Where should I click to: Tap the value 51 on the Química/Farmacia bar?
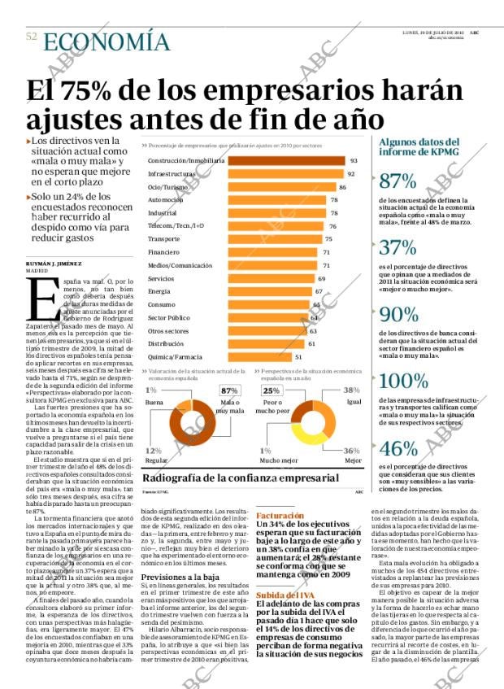click(298, 356)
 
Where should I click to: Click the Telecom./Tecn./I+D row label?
click(176, 225)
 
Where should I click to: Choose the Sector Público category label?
click(169, 317)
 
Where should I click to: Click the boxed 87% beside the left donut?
click(229, 391)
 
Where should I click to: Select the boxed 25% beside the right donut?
click(271, 391)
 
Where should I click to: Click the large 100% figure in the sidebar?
click(404, 381)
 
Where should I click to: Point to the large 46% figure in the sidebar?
click(398, 449)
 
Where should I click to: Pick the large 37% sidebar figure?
click(398, 248)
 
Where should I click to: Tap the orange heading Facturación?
click(280, 516)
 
